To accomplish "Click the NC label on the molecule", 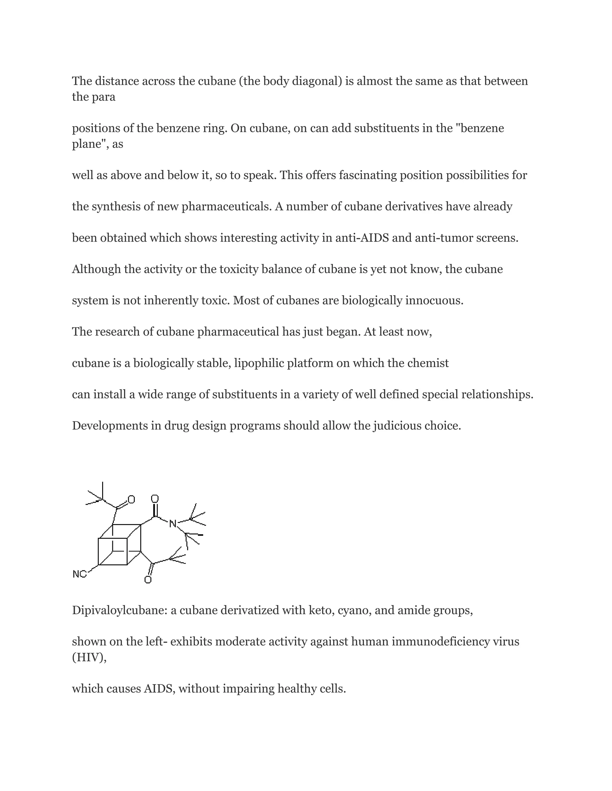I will [x=79, y=574].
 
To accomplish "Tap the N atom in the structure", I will [x=173, y=523].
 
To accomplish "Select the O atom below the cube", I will [x=148, y=580].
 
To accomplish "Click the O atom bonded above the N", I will [x=155, y=499].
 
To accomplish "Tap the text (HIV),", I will [x=89, y=657].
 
